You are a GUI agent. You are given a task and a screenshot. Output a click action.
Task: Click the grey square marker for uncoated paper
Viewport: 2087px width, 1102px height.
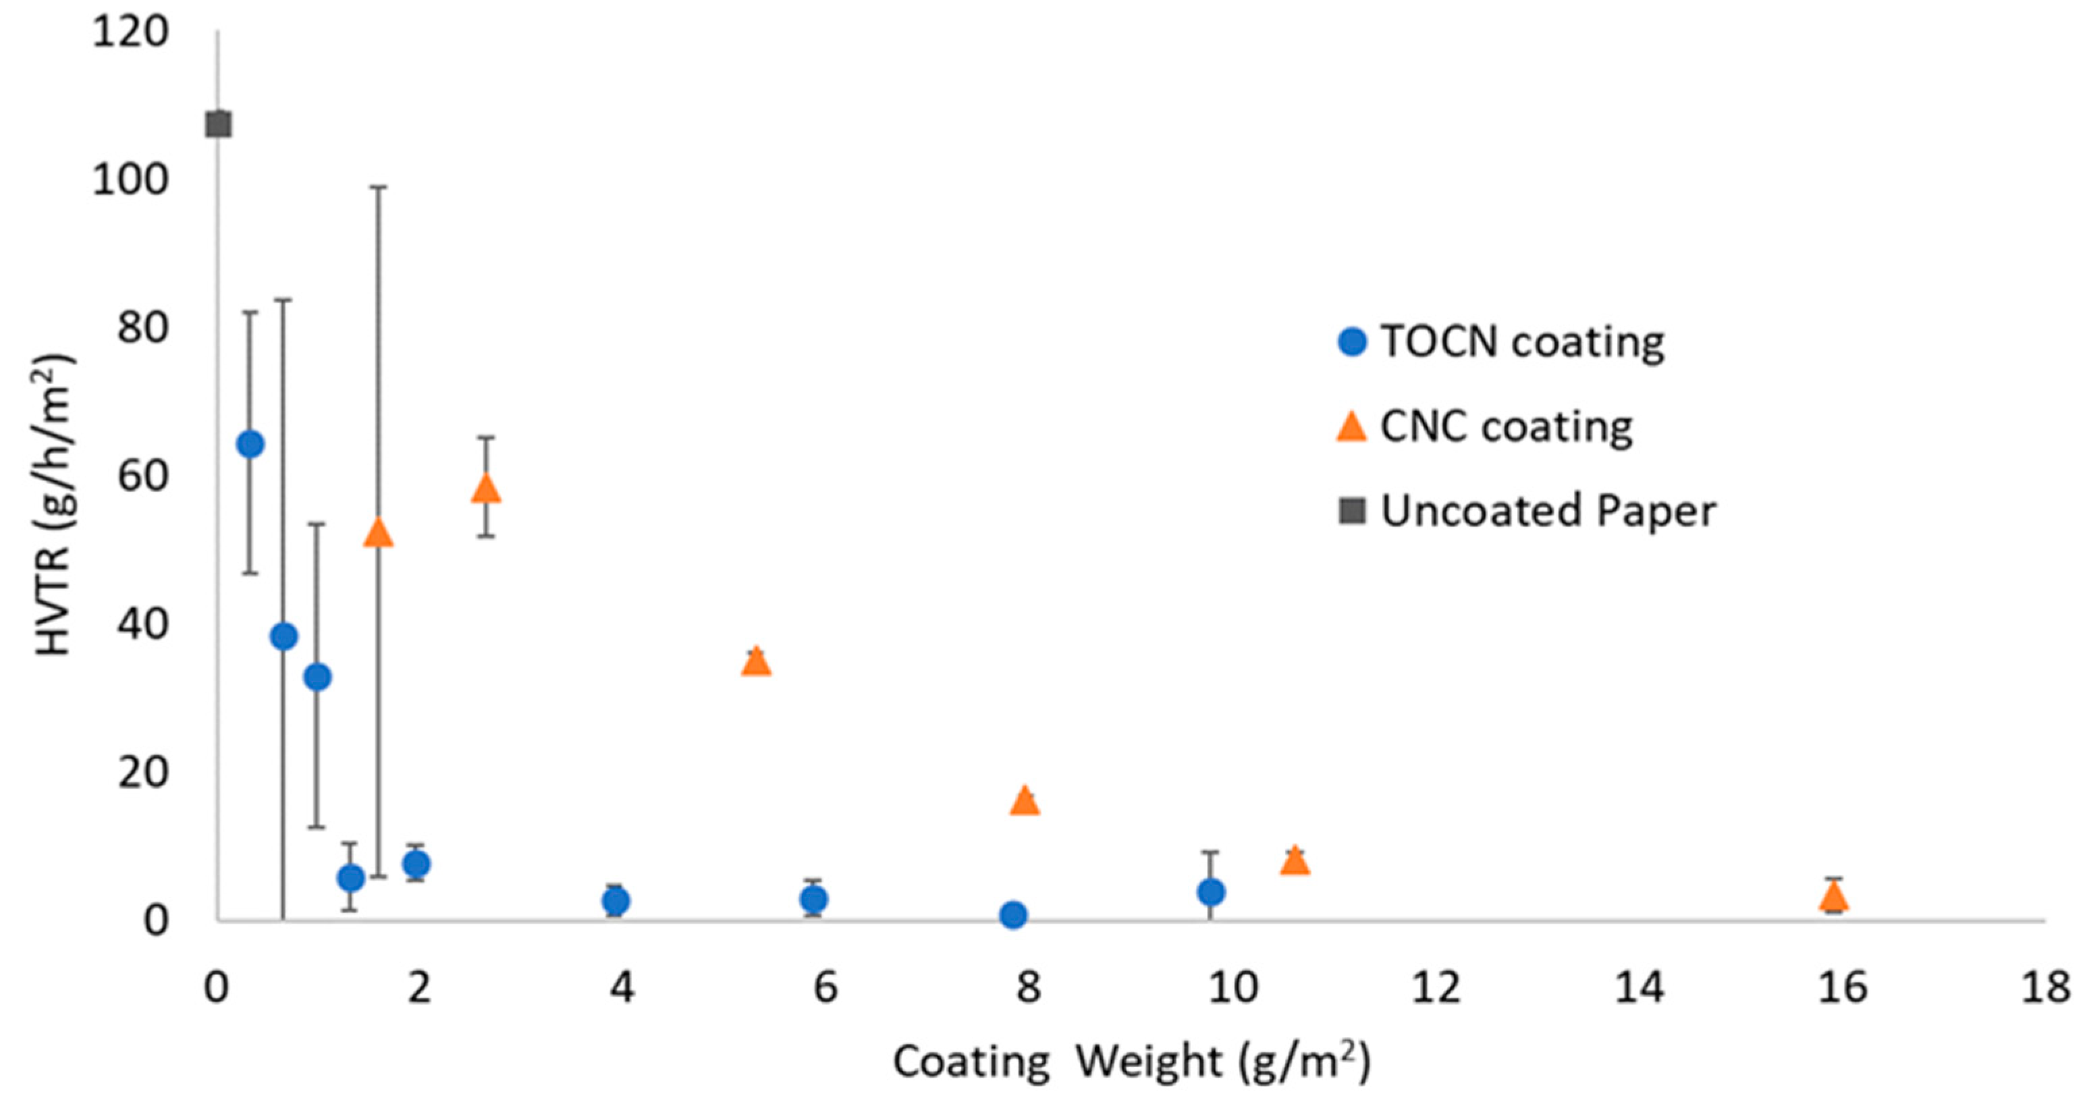pos(219,125)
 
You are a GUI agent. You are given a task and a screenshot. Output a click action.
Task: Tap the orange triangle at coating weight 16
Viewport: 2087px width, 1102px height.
pos(1833,897)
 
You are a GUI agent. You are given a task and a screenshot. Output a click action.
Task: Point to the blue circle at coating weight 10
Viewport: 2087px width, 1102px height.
pos(1210,892)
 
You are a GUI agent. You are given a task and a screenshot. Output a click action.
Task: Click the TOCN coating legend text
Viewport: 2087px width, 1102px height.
pos(1522,342)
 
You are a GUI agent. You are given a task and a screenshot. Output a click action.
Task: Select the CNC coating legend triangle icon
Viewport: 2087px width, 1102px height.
pos(1351,426)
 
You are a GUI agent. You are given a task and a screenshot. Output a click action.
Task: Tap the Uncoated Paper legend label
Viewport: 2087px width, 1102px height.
pos(1548,510)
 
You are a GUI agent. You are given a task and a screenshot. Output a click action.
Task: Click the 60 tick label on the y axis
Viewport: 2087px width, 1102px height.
pos(142,476)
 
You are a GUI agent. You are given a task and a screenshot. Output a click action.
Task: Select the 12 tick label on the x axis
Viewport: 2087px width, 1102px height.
pos(1436,989)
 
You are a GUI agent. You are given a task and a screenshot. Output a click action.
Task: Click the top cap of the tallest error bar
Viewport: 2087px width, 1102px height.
pos(379,187)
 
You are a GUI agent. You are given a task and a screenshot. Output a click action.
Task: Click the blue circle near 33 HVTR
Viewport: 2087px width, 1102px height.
pos(317,677)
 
